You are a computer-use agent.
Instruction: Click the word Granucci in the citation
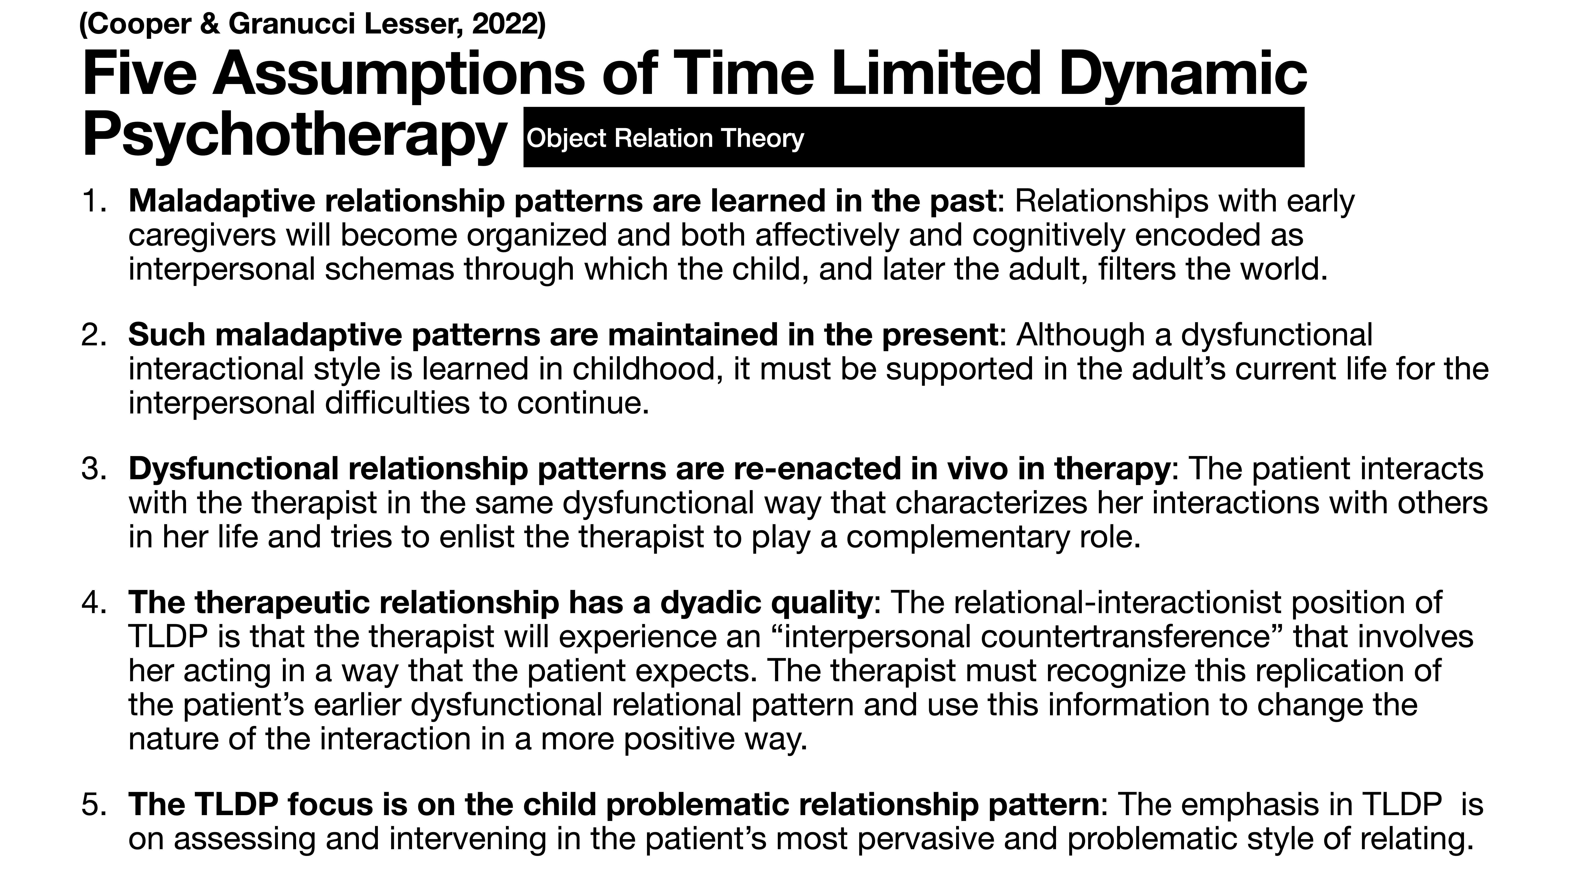click(294, 24)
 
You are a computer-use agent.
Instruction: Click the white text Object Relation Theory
click(665, 138)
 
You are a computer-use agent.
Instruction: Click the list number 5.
click(93, 805)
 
